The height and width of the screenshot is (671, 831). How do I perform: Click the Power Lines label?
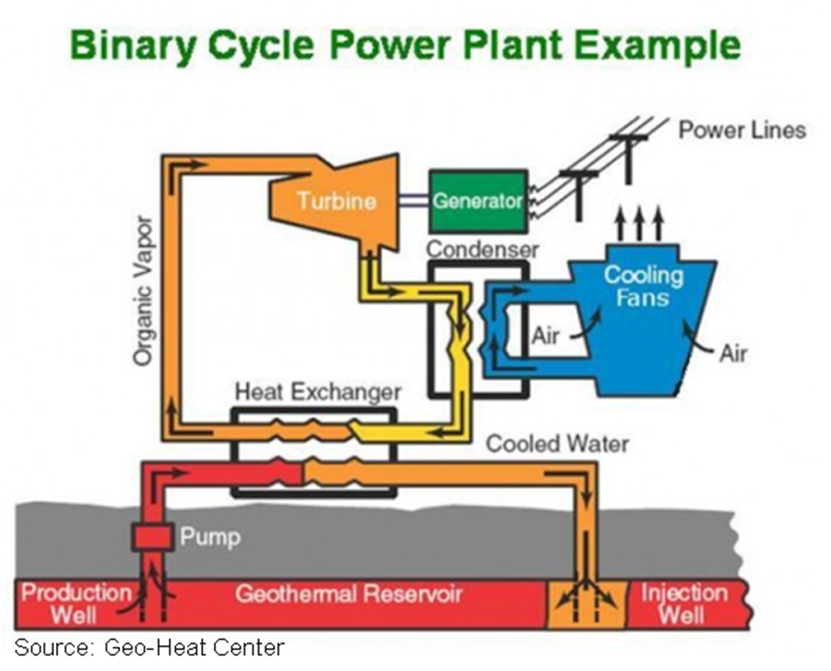[x=742, y=130]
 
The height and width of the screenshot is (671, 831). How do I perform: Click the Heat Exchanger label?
[x=317, y=392]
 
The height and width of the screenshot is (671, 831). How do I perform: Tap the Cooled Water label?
[x=558, y=444]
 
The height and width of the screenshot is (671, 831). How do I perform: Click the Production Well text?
[x=77, y=604]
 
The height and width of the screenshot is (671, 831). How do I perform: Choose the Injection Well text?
[x=683, y=604]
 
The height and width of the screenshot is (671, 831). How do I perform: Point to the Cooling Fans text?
[x=643, y=285]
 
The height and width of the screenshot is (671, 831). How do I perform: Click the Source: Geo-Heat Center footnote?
[x=149, y=647]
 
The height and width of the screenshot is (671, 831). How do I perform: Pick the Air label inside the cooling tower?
[x=546, y=336]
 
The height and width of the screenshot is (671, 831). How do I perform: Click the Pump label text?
[x=209, y=538]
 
